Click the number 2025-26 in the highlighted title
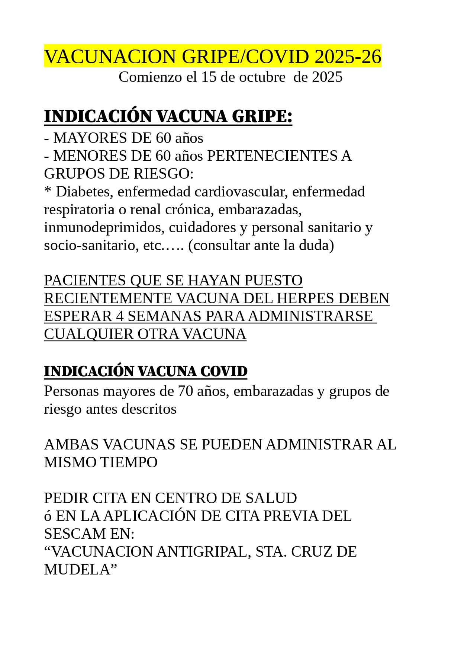(x=348, y=57)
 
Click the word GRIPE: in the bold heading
(x=262, y=116)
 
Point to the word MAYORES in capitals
(x=90, y=138)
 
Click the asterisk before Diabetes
(x=48, y=191)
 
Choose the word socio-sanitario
(x=91, y=245)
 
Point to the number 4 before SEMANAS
(x=120, y=316)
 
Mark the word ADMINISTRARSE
(x=310, y=316)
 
